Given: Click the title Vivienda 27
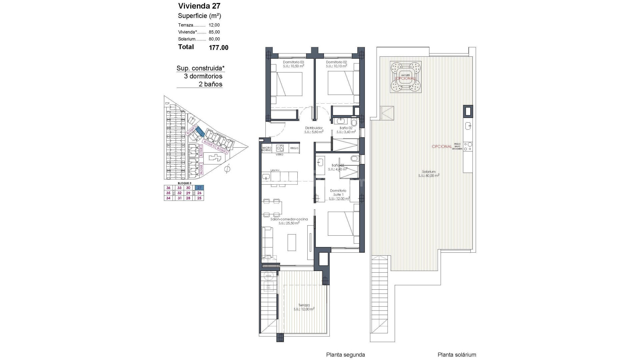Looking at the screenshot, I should click(x=199, y=6).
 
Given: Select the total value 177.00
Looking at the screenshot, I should click(x=218, y=48).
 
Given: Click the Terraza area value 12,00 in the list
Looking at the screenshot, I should click(x=214, y=25).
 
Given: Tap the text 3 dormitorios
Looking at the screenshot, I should click(x=203, y=76).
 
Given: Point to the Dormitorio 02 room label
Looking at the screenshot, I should click(x=337, y=64).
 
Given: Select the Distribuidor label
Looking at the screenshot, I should click(x=314, y=130).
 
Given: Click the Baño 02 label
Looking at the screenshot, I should click(x=346, y=130).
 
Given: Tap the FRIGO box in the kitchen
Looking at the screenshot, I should click(x=294, y=148).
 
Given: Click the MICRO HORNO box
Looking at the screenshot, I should click(x=267, y=149).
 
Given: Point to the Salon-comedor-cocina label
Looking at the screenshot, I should click(x=289, y=221).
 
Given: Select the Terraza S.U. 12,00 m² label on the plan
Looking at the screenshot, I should click(x=304, y=307).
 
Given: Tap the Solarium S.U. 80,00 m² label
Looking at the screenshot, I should click(x=429, y=173).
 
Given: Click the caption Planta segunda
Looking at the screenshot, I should click(x=345, y=355).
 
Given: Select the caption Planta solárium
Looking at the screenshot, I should click(x=457, y=355).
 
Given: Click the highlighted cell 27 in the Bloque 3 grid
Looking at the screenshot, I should click(x=199, y=188).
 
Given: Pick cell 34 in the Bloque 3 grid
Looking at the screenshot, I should click(x=168, y=198).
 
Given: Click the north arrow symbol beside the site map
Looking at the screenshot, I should click(x=227, y=169).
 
